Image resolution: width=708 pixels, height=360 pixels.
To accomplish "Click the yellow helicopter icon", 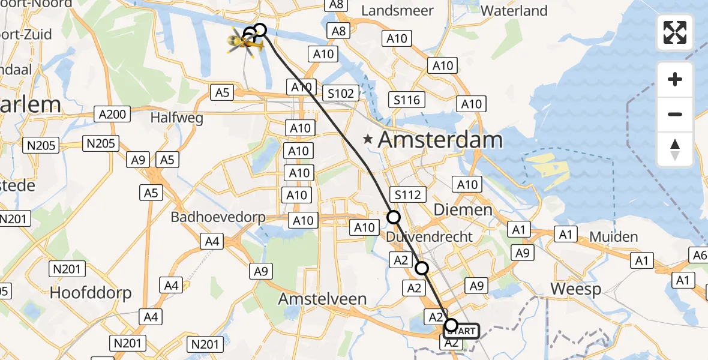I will click(245, 43).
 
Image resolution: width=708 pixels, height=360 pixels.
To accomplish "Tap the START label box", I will click(461, 331).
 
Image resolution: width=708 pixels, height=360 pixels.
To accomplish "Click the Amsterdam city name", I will click(440, 140).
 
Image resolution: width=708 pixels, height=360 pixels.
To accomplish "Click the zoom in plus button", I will click(675, 79).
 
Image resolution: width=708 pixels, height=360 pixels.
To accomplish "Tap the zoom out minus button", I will click(675, 114).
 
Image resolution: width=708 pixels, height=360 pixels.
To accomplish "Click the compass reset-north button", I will click(675, 149).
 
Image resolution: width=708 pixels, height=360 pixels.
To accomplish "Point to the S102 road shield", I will click(340, 93).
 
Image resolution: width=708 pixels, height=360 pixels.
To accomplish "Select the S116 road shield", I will click(406, 100).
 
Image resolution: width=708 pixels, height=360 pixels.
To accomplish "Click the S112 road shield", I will click(408, 194).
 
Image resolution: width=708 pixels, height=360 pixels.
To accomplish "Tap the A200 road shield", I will click(112, 114).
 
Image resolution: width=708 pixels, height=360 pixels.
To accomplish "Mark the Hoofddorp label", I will click(91, 292).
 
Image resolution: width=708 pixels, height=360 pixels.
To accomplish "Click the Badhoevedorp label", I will click(218, 217).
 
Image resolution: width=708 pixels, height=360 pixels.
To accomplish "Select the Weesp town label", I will click(575, 289).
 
